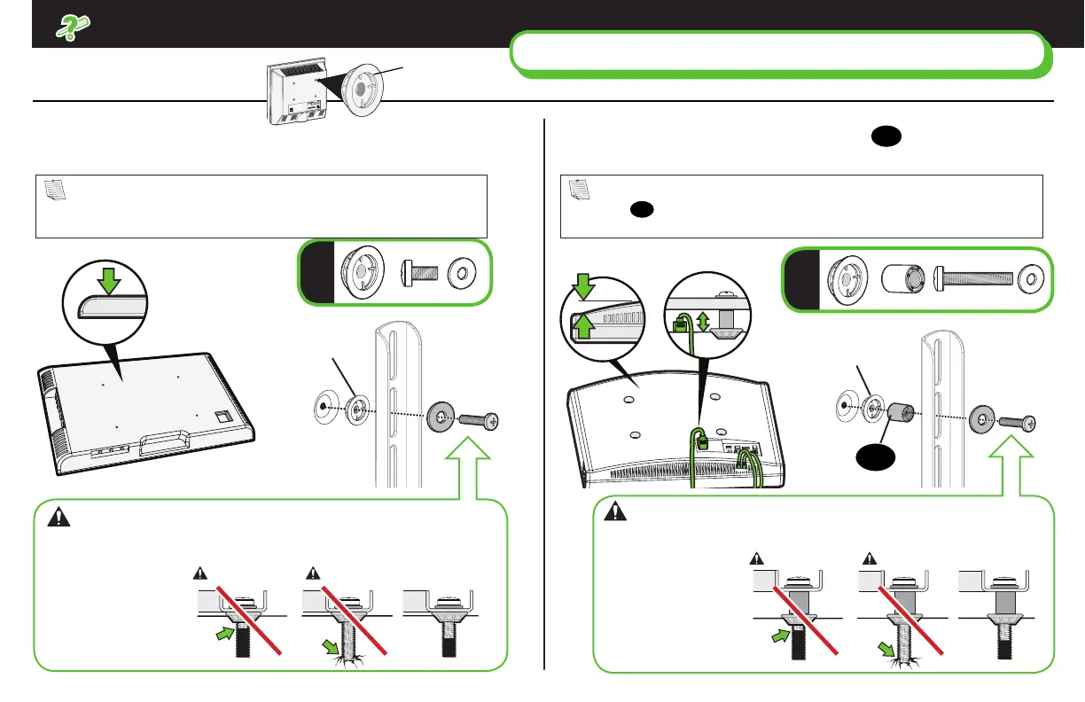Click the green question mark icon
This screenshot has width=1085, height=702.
point(66,29)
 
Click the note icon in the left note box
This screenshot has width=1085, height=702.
point(53,189)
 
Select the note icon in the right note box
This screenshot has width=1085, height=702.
point(579,189)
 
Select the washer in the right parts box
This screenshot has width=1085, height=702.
point(1032,279)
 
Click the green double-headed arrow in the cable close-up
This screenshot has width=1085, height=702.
point(704,321)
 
